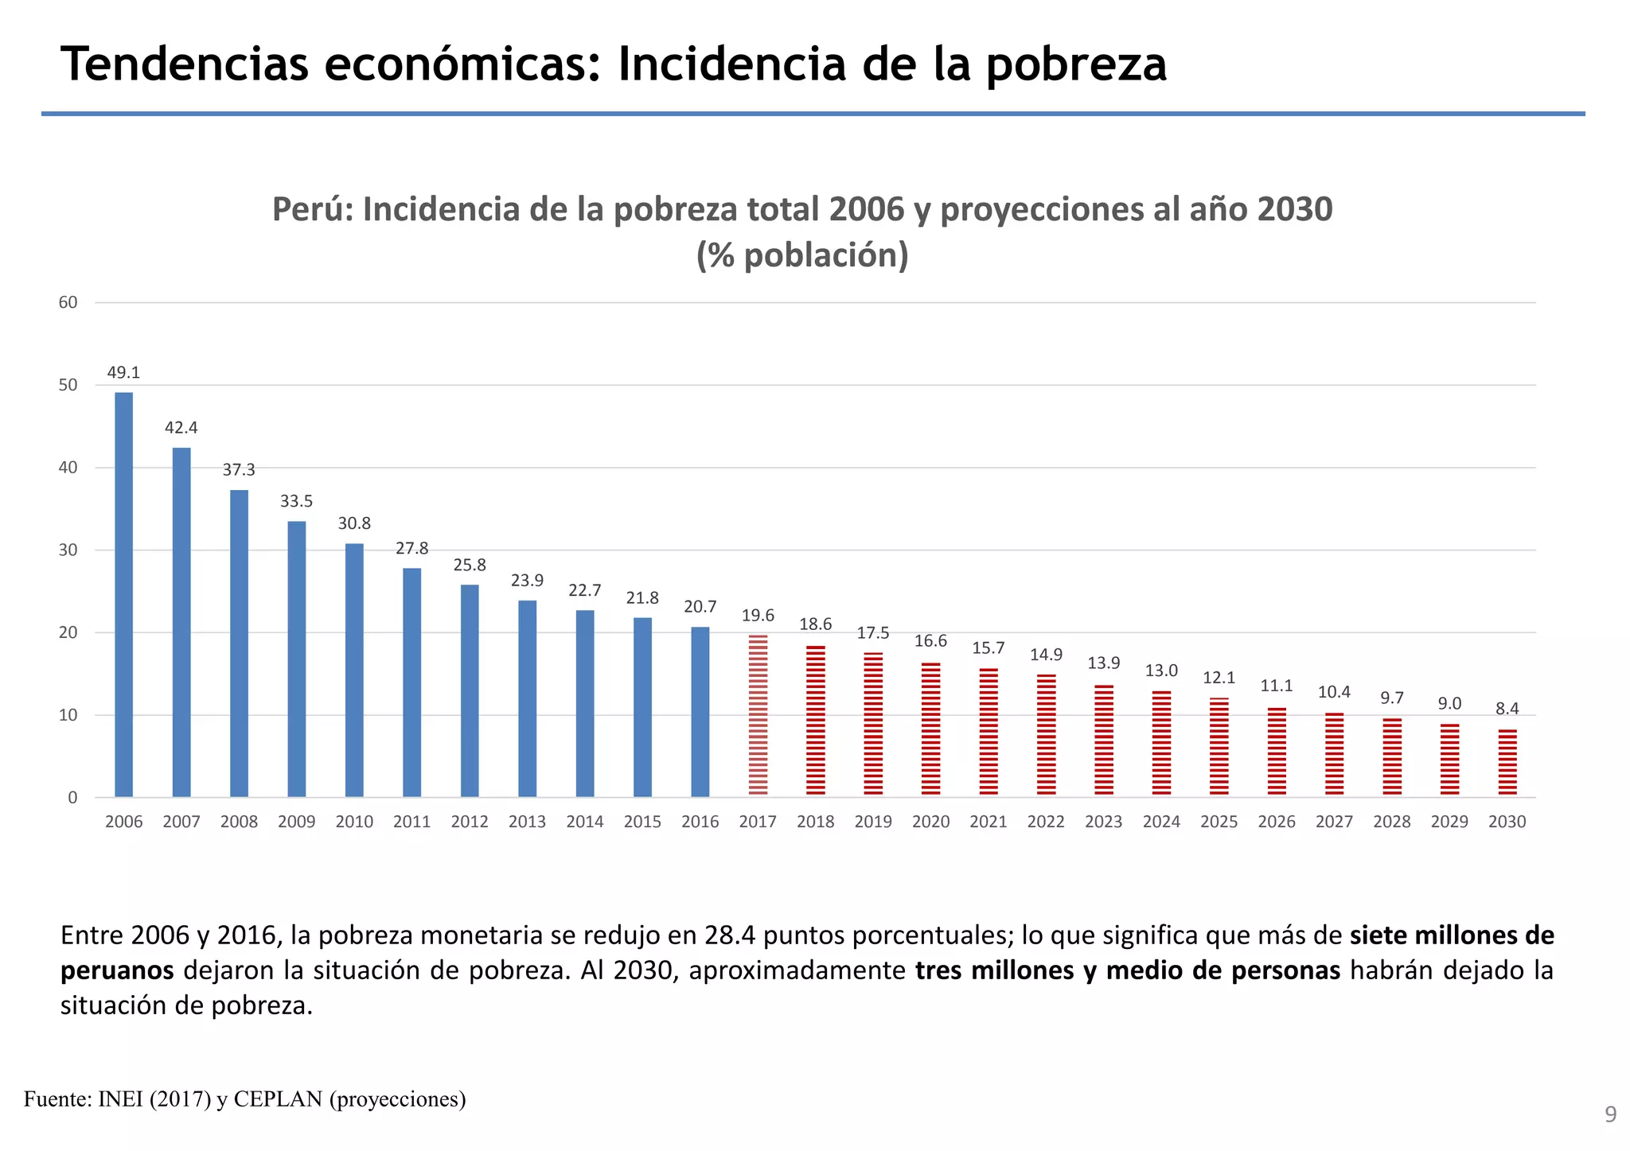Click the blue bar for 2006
(x=124, y=595)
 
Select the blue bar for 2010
(x=354, y=671)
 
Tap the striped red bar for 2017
(x=758, y=716)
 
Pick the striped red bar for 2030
(x=1507, y=763)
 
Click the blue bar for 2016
(x=700, y=712)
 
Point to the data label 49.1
(x=123, y=372)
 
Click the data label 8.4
(x=1507, y=709)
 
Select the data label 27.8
(x=411, y=548)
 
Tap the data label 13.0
(x=1161, y=671)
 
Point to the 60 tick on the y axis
(x=68, y=302)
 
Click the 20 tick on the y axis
(x=68, y=632)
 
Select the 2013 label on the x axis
(x=527, y=822)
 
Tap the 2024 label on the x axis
(x=1161, y=822)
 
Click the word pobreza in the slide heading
(x=1076, y=65)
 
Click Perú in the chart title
(x=310, y=209)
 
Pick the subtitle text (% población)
(x=802, y=256)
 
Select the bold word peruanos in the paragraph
(x=117, y=970)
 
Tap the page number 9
(x=1610, y=1115)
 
